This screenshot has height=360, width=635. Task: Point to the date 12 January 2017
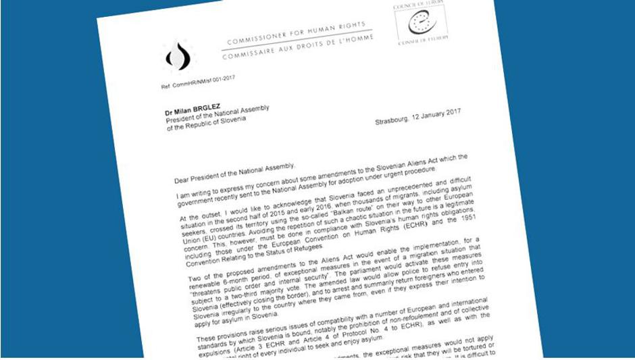[x=436, y=113]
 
